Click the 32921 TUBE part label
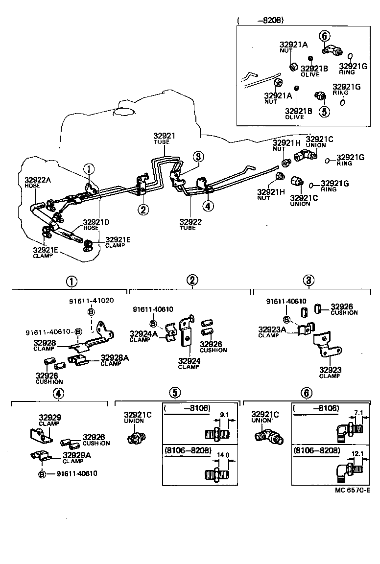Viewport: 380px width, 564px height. tap(164, 138)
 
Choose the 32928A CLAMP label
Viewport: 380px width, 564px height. tap(115, 360)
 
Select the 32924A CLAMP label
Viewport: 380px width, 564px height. tap(143, 336)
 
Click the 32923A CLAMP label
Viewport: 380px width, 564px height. tap(272, 332)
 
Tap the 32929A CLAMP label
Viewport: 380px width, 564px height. tap(77, 458)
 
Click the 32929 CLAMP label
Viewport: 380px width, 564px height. tap(50, 420)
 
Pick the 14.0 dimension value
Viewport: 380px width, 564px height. tap(223, 455)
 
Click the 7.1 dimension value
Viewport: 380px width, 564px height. tap(358, 413)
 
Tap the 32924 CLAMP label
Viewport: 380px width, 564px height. tap(189, 363)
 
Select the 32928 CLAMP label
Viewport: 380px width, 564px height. tap(45, 345)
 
